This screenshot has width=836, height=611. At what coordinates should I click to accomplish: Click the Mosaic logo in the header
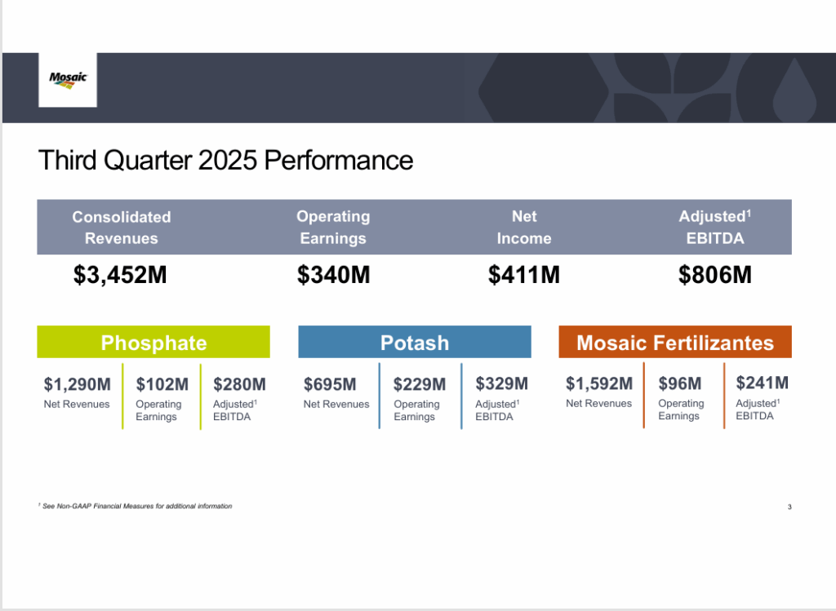(x=68, y=79)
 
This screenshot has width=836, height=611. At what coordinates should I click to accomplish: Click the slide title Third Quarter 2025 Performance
(x=225, y=160)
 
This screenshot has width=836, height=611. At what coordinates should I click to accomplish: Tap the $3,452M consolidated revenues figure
(x=120, y=276)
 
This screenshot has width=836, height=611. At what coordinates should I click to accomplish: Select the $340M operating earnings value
(x=333, y=276)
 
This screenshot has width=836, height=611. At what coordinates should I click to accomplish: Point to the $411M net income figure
(x=524, y=276)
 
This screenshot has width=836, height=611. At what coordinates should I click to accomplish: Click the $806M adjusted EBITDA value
(x=714, y=276)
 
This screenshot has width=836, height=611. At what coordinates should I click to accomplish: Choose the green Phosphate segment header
(x=153, y=342)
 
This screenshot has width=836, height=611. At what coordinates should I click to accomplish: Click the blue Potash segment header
(x=415, y=342)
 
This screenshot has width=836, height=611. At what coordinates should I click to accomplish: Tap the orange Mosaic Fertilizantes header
(x=675, y=342)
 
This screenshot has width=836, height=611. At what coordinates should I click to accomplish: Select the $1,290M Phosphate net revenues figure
(x=77, y=383)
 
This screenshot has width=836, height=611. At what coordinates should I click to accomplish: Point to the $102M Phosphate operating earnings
(x=162, y=383)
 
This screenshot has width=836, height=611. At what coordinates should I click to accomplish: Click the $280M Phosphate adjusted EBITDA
(x=239, y=383)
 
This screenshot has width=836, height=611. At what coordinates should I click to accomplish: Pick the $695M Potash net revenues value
(x=330, y=383)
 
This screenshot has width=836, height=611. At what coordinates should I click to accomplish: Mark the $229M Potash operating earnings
(x=420, y=383)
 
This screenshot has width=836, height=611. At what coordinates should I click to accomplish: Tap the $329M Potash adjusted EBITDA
(x=501, y=383)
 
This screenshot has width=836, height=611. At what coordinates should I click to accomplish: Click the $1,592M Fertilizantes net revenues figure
(x=599, y=383)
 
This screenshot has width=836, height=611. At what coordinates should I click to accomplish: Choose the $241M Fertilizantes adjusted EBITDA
(x=763, y=383)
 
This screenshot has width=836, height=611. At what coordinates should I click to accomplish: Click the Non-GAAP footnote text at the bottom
(x=136, y=507)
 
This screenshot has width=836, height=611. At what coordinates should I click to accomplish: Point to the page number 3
(x=789, y=507)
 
